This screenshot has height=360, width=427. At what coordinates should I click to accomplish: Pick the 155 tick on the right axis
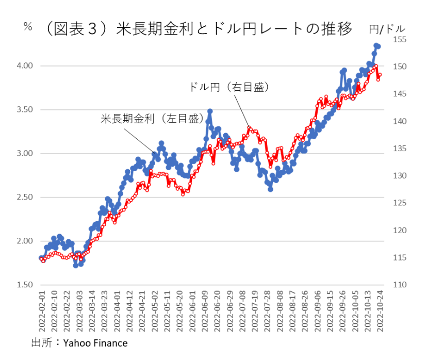pyautogui.click(x=400, y=40)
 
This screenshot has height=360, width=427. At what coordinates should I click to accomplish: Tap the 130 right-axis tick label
pyautogui.click(x=400, y=176)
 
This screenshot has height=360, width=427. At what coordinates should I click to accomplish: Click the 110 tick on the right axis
pyautogui.click(x=400, y=285)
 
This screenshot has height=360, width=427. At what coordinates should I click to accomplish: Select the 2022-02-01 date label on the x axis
pyautogui.click(x=43, y=313)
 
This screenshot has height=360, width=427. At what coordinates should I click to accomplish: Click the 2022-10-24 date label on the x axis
pyautogui.click(x=382, y=313)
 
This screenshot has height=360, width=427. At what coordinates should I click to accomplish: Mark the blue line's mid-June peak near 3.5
pyautogui.click(x=210, y=111)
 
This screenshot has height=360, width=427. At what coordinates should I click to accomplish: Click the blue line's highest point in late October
pyautogui.click(x=376, y=45)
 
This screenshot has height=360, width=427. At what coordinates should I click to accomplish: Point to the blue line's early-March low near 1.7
pyautogui.click(x=76, y=265)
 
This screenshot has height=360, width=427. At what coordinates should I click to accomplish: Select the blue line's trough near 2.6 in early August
pyautogui.click(x=270, y=189)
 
